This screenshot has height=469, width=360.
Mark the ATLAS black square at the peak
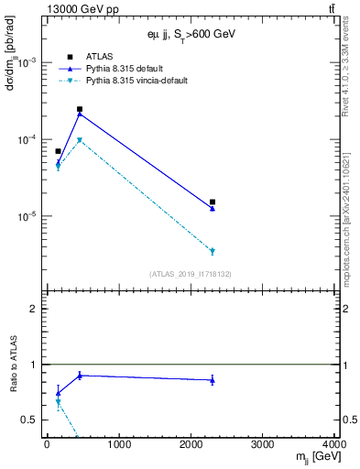tap(80, 109)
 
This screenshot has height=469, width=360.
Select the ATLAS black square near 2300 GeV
tap(213, 202)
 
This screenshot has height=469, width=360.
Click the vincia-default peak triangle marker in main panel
tap(80, 140)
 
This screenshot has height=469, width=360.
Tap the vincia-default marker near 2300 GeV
tap(213, 251)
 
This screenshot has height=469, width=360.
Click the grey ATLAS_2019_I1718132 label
tap(190, 273)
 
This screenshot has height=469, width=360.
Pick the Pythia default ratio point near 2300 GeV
tap(213, 380)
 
